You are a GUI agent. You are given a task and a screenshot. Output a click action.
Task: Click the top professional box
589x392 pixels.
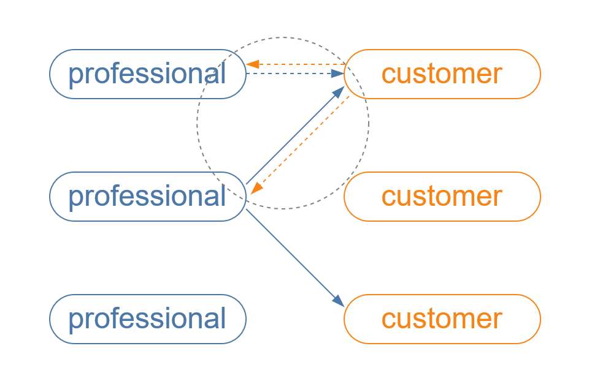[x=147, y=74]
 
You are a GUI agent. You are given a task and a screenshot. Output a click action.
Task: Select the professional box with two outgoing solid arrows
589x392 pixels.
[x=147, y=197]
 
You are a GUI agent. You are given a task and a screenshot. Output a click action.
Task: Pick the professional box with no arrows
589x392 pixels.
[x=147, y=319]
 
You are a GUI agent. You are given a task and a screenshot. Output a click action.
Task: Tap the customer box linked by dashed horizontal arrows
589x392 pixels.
[x=442, y=74]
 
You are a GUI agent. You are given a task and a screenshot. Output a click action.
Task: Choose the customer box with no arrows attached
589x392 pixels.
[x=442, y=197]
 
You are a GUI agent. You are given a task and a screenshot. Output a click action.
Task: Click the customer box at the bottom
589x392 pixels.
[x=442, y=319]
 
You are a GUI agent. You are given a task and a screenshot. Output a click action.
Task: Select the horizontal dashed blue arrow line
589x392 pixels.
[x=288, y=73]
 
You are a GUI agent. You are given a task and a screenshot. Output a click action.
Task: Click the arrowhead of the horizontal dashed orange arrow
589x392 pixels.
[x=252, y=64]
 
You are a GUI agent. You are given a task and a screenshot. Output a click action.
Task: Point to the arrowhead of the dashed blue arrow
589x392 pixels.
[x=337, y=73]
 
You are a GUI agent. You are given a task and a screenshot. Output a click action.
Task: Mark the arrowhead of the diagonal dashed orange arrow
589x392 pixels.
[x=256, y=188]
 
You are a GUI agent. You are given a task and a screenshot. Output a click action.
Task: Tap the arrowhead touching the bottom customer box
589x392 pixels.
[x=339, y=301]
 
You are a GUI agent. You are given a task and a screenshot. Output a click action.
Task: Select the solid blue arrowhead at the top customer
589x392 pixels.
[x=339, y=91]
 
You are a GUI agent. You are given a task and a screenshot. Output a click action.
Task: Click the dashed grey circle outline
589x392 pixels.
[x=198, y=123]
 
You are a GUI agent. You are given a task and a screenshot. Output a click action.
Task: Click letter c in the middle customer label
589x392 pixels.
[x=388, y=197]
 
